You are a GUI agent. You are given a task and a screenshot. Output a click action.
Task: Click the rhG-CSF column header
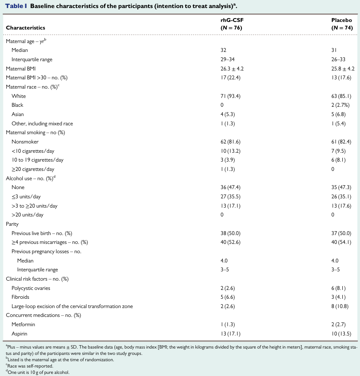(x=232, y=24)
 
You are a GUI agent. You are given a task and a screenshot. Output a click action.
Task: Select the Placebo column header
(x=342, y=24)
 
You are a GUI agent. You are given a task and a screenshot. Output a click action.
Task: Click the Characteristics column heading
(x=25, y=28)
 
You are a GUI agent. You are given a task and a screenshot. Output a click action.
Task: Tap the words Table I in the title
(x=16, y=6)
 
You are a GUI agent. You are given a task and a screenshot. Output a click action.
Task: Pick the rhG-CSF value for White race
(x=230, y=96)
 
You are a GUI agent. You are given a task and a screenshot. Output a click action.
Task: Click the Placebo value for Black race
(x=340, y=105)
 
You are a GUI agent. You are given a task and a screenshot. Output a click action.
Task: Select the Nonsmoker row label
(x=25, y=142)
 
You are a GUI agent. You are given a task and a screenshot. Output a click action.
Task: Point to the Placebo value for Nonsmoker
(x=341, y=142)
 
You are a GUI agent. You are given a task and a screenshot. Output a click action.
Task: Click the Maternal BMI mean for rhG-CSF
(x=232, y=69)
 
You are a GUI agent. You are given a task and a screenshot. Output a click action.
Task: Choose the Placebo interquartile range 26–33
(x=338, y=60)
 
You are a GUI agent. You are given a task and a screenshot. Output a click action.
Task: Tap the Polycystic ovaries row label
(x=31, y=288)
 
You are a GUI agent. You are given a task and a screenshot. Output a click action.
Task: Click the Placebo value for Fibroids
(x=338, y=297)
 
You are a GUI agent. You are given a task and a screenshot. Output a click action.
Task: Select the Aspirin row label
(x=19, y=334)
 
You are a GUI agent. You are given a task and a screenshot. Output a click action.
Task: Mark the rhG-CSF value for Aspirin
(x=230, y=334)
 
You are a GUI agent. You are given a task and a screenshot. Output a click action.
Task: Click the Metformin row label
(x=23, y=325)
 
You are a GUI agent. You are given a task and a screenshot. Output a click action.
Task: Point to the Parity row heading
(x=12, y=224)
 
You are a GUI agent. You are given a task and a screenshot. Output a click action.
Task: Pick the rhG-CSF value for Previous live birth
(x=230, y=233)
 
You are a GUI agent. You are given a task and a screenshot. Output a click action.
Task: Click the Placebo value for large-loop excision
(x=340, y=306)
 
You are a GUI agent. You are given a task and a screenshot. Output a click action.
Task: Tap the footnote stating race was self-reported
(x=30, y=366)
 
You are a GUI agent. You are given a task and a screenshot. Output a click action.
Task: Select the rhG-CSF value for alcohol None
(x=230, y=187)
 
